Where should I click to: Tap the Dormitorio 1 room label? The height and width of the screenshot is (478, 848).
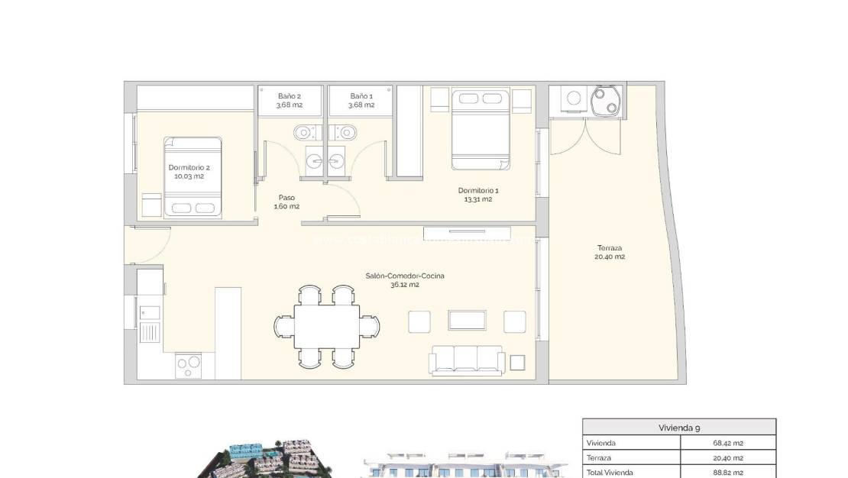tap(474, 195)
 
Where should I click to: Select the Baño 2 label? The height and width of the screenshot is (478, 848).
tap(290, 100)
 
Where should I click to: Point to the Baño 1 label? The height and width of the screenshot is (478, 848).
tap(361, 100)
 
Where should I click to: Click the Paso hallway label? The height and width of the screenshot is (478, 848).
tap(287, 202)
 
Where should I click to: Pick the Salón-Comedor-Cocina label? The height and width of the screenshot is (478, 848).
tap(393, 279)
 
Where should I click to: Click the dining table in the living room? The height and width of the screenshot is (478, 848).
tap(327, 326)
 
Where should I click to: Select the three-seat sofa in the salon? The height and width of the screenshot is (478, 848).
tap(468, 360)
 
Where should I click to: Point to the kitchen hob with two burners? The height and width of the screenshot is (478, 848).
tap(189, 365)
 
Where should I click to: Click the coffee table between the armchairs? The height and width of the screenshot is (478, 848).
tap(468, 320)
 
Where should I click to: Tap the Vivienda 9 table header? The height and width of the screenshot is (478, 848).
tap(678, 428)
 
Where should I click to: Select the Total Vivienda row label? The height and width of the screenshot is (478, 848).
tap(610, 472)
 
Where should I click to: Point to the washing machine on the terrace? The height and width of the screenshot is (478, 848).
tap(573, 100)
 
